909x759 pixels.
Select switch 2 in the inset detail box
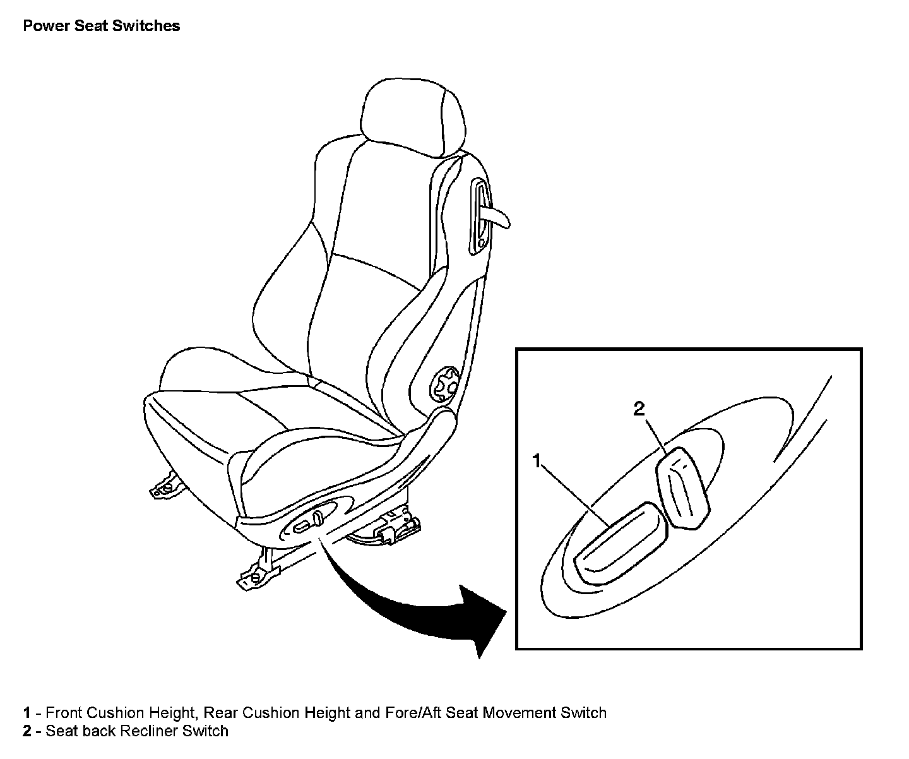pyautogui.click(x=682, y=486)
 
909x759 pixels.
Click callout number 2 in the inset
pyautogui.click(x=639, y=409)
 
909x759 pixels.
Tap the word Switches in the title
pyautogui.click(x=148, y=26)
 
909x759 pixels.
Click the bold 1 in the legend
pyautogui.click(x=27, y=713)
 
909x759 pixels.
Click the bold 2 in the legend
pyautogui.click(x=27, y=731)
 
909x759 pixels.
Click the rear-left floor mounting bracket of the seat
pyautogui.click(x=165, y=485)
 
